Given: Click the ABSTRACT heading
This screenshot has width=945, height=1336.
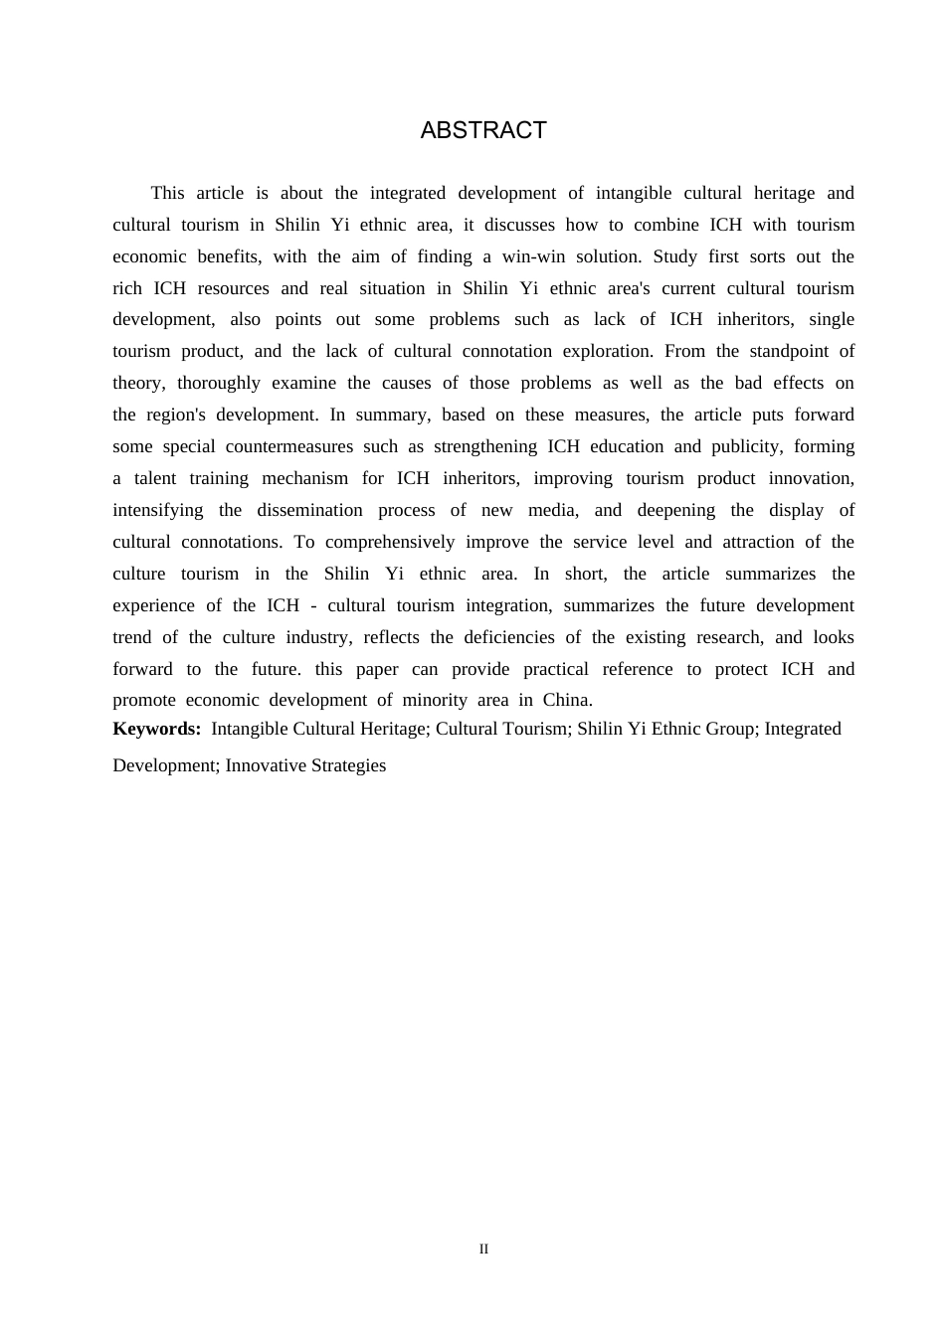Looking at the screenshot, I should [483, 130].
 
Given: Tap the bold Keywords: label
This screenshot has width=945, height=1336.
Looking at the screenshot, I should [157, 729].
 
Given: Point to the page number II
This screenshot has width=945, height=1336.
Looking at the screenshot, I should [483, 1250].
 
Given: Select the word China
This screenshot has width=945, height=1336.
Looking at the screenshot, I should [567, 700].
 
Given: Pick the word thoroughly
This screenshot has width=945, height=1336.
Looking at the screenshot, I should [219, 383].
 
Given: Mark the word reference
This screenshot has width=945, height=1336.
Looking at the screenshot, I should [638, 669].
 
